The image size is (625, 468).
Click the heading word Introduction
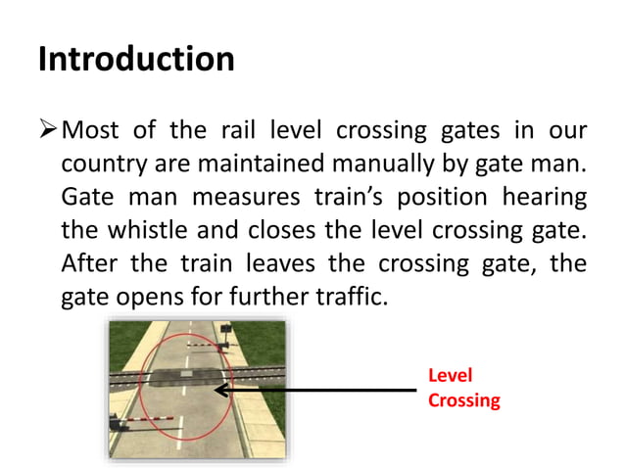click(136, 59)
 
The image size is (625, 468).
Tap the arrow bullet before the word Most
click(48, 131)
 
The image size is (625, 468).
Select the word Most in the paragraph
click(89, 131)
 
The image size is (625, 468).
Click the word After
click(86, 262)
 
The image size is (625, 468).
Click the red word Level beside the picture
click(450, 377)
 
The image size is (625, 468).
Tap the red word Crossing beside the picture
click(463, 400)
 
